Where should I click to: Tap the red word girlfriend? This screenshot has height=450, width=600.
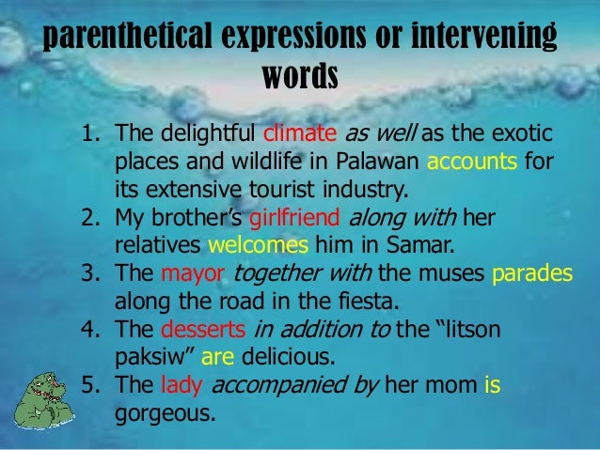[x=297, y=219]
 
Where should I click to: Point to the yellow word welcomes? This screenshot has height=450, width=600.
[x=258, y=246]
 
